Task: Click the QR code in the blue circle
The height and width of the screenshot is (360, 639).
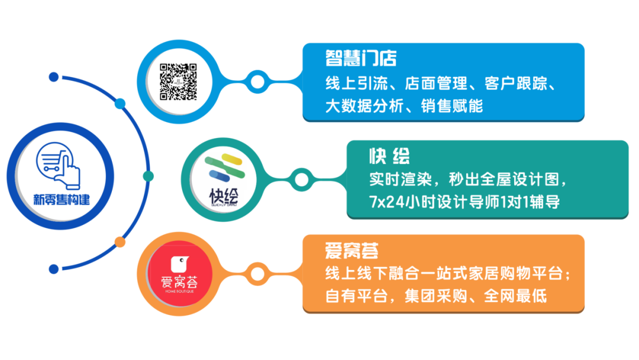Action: pyautogui.click(x=178, y=82)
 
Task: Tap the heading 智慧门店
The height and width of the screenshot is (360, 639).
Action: pyautogui.click(x=361, y=58)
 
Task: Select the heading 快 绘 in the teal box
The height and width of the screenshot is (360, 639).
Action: pyautogui.click(x=389, y=156)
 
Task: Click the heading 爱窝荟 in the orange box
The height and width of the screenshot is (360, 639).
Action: pyautogui.click(x=351, y=250)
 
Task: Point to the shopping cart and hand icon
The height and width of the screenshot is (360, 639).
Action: pyautogui.click(x=58, y=166)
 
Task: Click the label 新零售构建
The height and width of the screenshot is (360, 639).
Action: pyautogui.click(x=62, y=200)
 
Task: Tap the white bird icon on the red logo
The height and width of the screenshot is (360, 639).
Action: pyautogui.click(x=179, y=264)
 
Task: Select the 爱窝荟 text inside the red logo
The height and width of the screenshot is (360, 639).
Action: pyautogui.click(x=179, y=282)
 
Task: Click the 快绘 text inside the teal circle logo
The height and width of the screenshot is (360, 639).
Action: pyautogui.click(x=224, y=197)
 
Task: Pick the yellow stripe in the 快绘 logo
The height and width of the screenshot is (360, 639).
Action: pyautogui.click(x=232, y=159)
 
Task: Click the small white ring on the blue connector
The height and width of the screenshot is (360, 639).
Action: pyautogui.click(x=257, y=82)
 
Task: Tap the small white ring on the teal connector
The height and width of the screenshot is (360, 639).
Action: pyautogui.click(x=302, y=179)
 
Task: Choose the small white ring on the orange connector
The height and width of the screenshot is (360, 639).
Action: pyautogui.click(x=257, y=274)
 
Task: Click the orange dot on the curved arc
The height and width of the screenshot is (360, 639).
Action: pyautogui.click(x=120, y=242)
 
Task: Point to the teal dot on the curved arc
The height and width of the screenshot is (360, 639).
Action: pyautogui.click(x=149, y=176)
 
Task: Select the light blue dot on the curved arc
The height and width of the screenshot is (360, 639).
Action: pyautogui.click(x=120, y=104)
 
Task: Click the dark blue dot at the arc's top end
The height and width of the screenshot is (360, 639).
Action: pyautogui.click(x=54, y=77)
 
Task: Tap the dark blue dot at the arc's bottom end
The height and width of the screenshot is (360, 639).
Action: pyautogui.click(x=54, y=269)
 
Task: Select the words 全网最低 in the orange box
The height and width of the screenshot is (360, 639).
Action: pyautogui.click(x=515, y=297)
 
